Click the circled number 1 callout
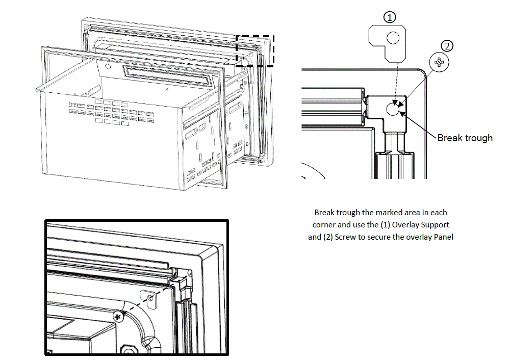(390, 17)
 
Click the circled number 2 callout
(447, 46)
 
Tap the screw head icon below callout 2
(439, 63)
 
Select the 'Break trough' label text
(465, 138)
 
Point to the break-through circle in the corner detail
(393, 108)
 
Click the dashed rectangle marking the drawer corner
(256, 50)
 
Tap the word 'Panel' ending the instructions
(443, 237)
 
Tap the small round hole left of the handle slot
(107, 66)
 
